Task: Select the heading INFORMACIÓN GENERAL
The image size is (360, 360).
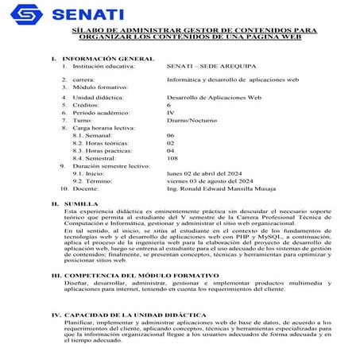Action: (107, 59)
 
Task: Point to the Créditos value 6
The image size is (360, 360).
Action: (168, 104)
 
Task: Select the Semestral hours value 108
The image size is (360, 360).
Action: (172, 157)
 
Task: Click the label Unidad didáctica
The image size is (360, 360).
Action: (101, 96)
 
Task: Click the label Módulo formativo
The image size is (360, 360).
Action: (100, 87)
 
